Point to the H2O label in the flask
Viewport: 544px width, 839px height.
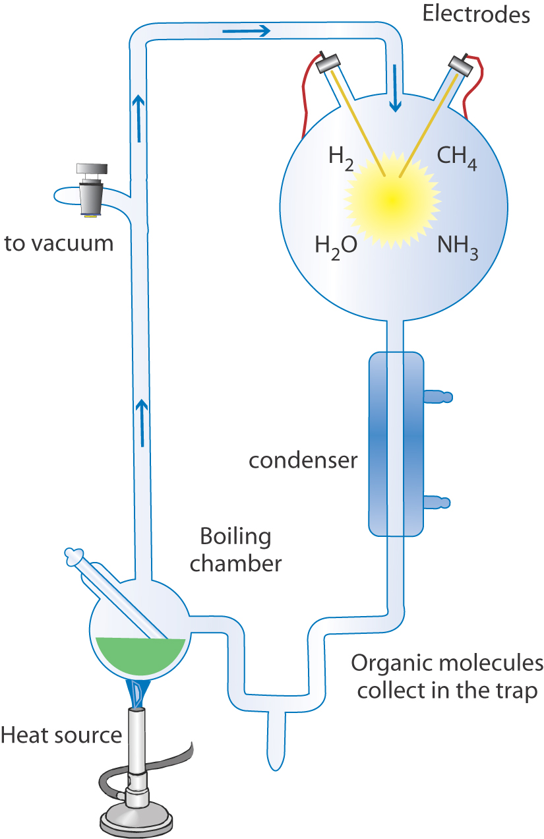coord(336,246)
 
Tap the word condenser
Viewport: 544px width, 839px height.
coord(303,460)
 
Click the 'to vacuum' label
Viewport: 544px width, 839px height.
coord(59,243)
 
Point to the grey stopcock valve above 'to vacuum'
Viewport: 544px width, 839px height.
coord(91,188)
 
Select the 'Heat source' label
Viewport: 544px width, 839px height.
coord(61,716)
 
